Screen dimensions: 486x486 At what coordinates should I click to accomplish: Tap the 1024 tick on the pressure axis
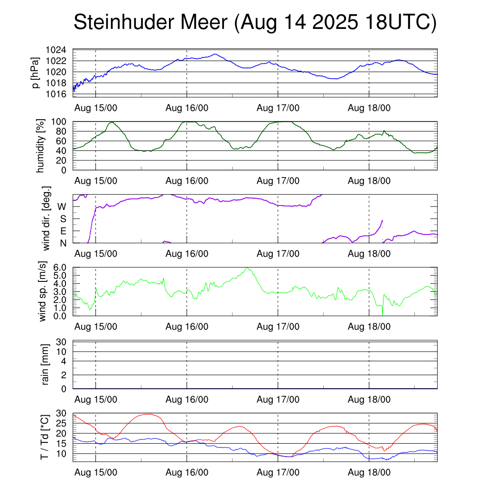(x=59, y=50)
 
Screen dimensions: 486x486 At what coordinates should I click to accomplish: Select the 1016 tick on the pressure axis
(x=59, y=94)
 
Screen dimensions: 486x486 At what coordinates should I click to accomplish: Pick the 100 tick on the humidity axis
(x=61, y=122)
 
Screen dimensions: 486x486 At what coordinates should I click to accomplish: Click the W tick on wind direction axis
(x=62, y=206)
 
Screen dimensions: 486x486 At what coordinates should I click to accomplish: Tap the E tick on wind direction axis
(x=63, y=231)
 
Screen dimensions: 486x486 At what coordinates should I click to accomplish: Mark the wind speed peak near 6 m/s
(x=246, y=268)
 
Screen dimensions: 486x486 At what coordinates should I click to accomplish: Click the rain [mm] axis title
(x=46, y=364)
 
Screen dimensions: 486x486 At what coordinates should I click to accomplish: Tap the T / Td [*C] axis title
(x=44, y=437)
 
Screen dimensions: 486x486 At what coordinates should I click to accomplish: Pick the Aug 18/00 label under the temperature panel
(x=369, y=473)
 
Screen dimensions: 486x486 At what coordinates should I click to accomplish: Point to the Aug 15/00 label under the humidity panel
(x=96, y=181)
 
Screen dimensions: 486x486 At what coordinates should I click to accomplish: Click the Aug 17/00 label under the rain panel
(x=278, y=400)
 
